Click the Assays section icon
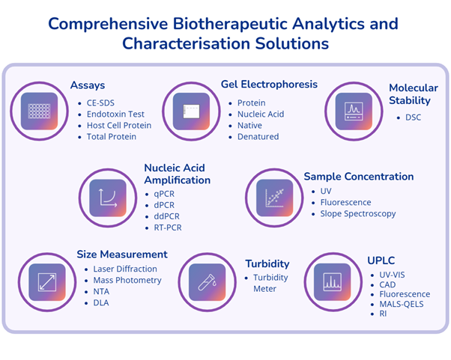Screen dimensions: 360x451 (38, 110)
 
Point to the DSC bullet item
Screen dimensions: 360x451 (413, 118)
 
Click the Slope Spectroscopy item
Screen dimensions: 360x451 (358, 213)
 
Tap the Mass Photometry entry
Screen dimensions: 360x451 (127, 280)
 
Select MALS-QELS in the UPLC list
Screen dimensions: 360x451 (405, 304)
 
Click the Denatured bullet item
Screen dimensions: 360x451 (258, 136)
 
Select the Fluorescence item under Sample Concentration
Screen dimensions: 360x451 (345, 202)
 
